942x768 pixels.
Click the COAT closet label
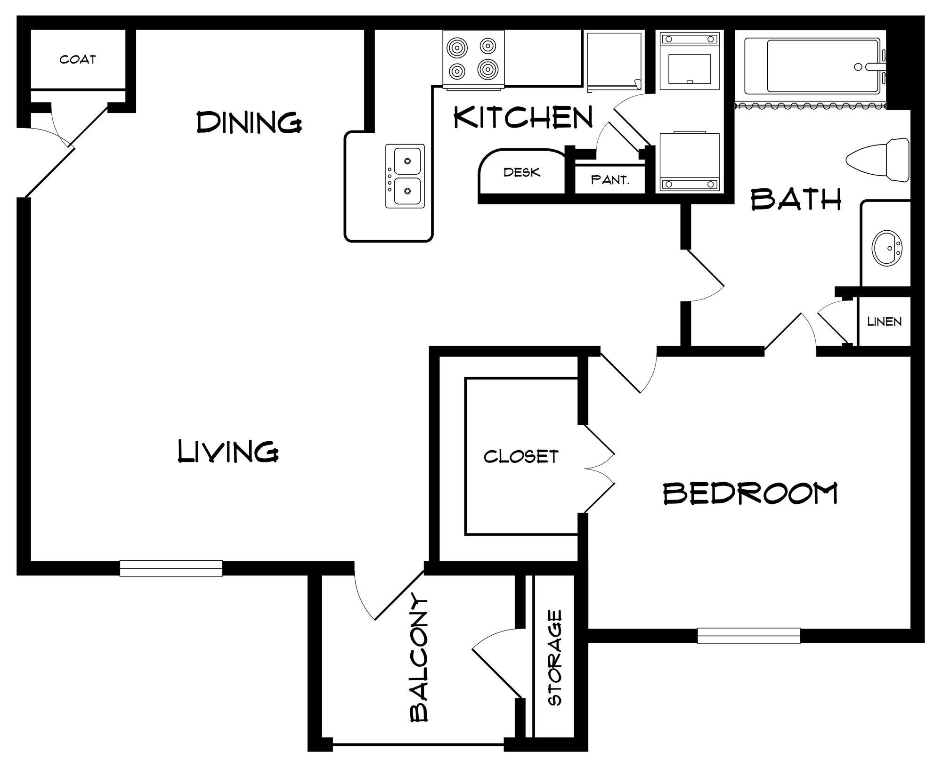point(78,59)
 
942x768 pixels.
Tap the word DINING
point(249,122)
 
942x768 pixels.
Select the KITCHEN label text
point(523,117)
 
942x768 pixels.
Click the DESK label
point(522,172)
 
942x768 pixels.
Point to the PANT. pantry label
point(610,180)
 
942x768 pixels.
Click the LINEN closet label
point(884,322)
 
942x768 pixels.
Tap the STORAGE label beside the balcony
point(555,658)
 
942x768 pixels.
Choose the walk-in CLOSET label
point(521,456)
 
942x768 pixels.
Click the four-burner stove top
point(473,58)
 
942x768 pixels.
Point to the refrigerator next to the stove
point(614,58)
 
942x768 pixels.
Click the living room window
point(171,568)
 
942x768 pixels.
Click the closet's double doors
point(599,469)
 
